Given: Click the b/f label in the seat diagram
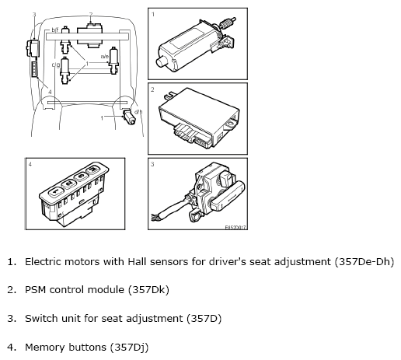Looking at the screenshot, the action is pos(55,30).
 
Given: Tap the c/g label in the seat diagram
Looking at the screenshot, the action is pos(56,65).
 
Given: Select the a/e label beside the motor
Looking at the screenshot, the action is pos(105,56).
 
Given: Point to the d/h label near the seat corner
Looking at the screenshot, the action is pos(138,112).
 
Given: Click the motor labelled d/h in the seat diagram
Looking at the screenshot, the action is pos(129,117).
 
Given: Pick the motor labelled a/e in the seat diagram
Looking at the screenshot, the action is pos(113,60).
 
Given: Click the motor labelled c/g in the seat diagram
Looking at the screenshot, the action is pos(65,71).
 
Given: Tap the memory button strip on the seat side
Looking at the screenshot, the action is pos(34,69).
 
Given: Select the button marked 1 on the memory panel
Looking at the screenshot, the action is pos(56,191).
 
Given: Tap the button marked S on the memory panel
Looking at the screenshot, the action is pos(81,177).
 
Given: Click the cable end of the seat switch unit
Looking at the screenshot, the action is pos(155,218).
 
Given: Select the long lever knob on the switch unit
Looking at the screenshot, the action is pos(228,196).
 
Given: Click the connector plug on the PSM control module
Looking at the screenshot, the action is pos(193,136).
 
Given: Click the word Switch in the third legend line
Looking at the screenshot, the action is pos(40,318).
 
